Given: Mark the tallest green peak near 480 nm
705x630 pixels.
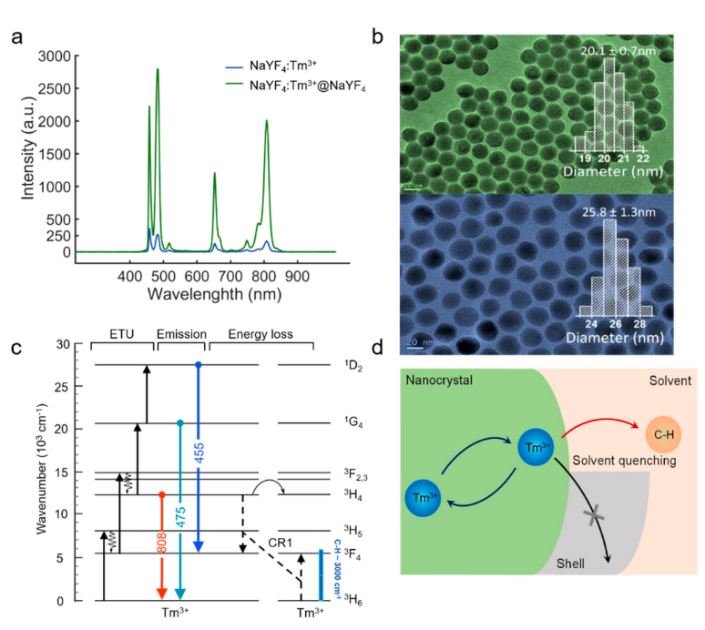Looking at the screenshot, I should [158, 70].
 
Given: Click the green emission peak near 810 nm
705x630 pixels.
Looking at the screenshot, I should [267, 121].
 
